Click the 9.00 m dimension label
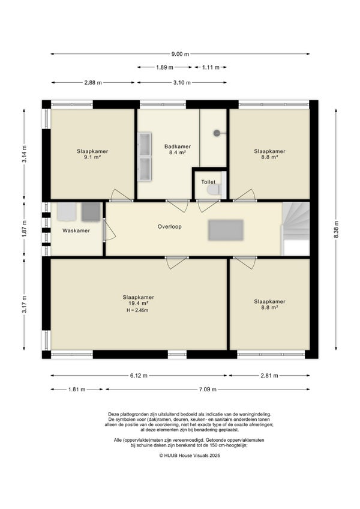coord(180,54)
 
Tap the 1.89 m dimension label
coord(164,67)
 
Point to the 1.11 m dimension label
coord(211,67)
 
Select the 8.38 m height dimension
coord(337,229)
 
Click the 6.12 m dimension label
coord(139,376)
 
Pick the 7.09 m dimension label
coord(208,389)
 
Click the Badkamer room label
coord(178,146)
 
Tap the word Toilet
coord(208,182)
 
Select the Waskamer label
coord(76,231)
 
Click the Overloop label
coord(169,226)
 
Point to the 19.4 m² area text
coord(139,303)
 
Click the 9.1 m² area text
coord(92,157)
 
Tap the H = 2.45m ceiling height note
coord(137,310)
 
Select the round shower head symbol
coord(217,133)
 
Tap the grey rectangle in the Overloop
coord(226,230)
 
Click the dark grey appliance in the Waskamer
coord(91,212)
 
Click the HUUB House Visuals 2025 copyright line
coord(190,456)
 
